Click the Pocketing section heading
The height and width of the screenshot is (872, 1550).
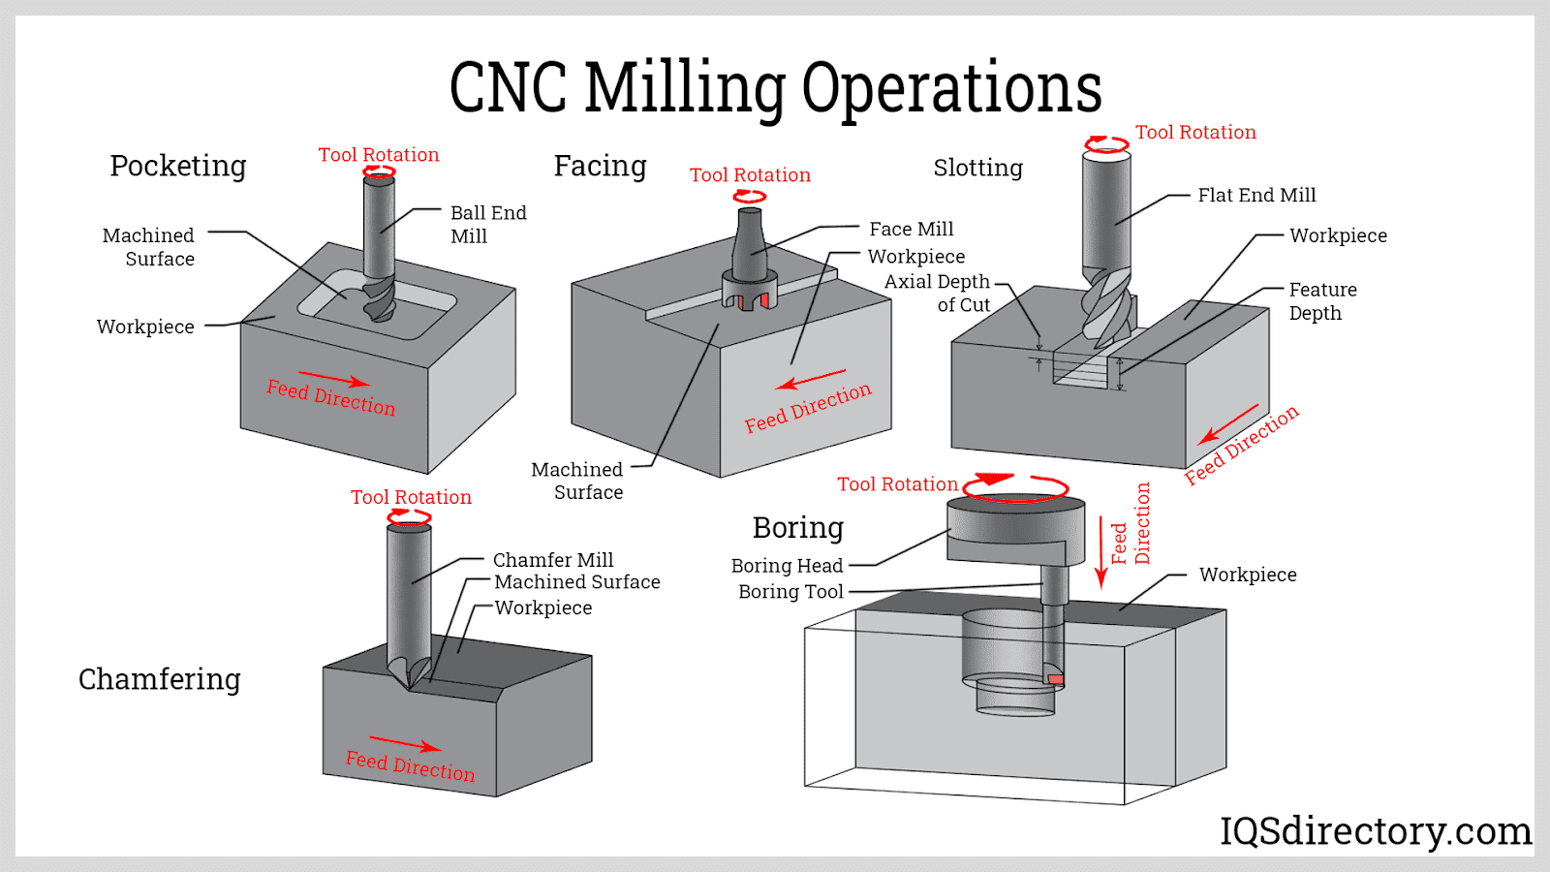(x=178, y=167)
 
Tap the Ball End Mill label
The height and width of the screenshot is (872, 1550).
(x=487, y=224)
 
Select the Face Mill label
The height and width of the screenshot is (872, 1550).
(x=911, y=229)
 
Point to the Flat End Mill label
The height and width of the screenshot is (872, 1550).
(x=1256, y=195)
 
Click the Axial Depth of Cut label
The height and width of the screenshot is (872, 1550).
(x=938, y=293)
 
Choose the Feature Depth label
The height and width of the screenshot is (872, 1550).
(x=1321, y=300)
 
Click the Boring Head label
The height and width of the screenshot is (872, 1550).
(x=787, y=565)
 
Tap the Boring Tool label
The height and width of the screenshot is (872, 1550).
(x=790, y=591)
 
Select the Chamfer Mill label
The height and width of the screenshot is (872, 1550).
(x=552, y=559)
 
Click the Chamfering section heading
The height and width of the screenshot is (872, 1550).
(x=160, y=679)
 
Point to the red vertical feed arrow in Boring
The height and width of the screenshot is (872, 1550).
(x=1100, y=552)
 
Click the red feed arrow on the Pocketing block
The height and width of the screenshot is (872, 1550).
(x=332, y=378)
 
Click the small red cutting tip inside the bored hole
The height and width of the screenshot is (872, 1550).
(x=1056, y=679)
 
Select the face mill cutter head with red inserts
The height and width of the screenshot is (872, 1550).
(x=749, y=292)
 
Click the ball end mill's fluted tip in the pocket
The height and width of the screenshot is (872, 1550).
(x=379, y=300)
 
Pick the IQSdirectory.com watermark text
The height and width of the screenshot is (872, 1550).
(x=1375, y=831)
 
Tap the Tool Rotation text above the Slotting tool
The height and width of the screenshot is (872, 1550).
(x=1195, y=132)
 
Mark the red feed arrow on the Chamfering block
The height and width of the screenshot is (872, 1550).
(x=405, y=744)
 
